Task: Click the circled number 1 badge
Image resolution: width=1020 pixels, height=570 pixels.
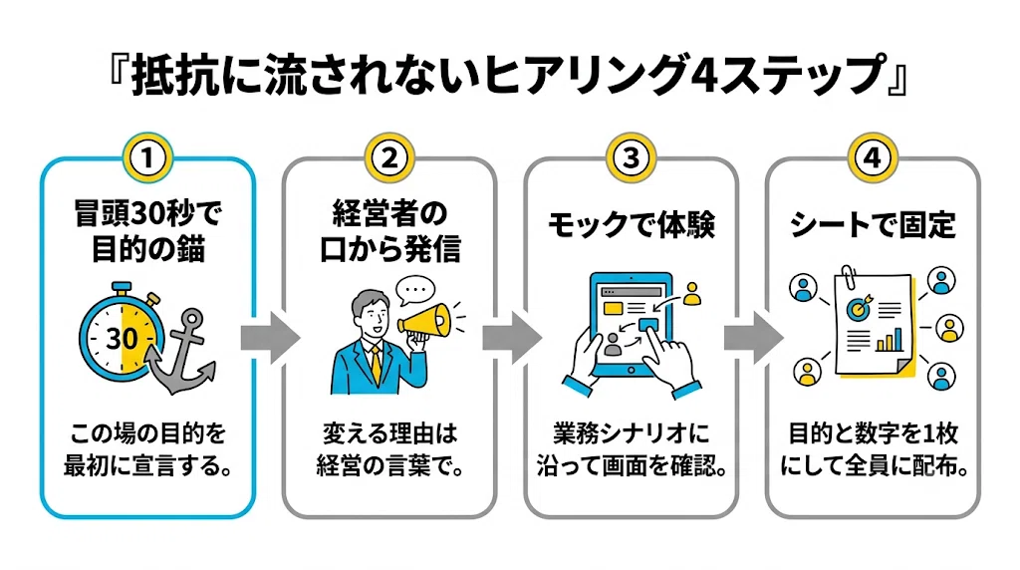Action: [x=147, y=158]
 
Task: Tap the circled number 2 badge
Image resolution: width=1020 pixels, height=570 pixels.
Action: [x=389, y=158]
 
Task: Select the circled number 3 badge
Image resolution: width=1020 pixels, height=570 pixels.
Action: [x=631, y=158]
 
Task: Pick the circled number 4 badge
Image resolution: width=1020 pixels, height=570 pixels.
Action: [x=873, y=158]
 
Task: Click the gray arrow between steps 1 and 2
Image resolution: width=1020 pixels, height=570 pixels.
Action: [x=270, y=338]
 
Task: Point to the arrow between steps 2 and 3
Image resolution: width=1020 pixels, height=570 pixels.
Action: [x=512, y=338]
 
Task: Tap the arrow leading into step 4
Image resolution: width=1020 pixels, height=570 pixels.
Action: [x=754, y=338]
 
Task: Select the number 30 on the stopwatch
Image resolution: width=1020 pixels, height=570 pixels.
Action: [x=122, y=339]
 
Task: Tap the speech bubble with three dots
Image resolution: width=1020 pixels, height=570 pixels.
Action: [x=415, y=290]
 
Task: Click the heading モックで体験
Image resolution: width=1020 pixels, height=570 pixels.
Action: [x=631, y=225]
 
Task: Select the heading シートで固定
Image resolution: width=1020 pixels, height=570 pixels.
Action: [x=873, y=225]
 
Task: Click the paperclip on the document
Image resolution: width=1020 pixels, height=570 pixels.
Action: [x=849, y=277]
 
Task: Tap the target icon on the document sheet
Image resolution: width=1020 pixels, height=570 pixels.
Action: [x=859, y=307]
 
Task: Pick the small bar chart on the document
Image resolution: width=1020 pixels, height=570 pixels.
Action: [x=890, y=340]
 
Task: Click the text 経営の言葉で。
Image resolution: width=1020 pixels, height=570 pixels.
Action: [x=389, y=466]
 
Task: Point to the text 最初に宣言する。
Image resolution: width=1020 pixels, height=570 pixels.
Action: [x=147, y=466]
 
